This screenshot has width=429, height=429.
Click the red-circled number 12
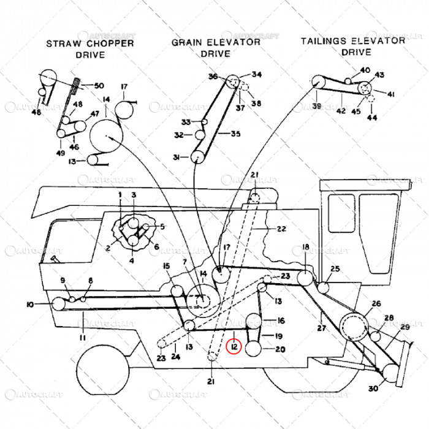[235, 347]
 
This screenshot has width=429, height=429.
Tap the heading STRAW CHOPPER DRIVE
[90, 49]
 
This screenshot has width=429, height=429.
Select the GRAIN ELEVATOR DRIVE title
[216, 48]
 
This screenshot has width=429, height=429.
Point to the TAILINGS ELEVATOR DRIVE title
[352, 46]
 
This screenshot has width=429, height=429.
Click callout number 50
[99, 85]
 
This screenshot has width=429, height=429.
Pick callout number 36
[213, 77]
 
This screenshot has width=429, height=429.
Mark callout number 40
[365, 70]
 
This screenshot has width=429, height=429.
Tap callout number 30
[374, 389]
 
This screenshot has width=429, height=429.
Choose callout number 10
[47, 304]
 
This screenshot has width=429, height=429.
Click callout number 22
[281, 229]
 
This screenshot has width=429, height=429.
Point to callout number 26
[376, 303]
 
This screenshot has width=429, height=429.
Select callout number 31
[177, 158]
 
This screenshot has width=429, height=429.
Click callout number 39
[316, 106]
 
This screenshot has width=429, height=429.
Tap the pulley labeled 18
[305, 278]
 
